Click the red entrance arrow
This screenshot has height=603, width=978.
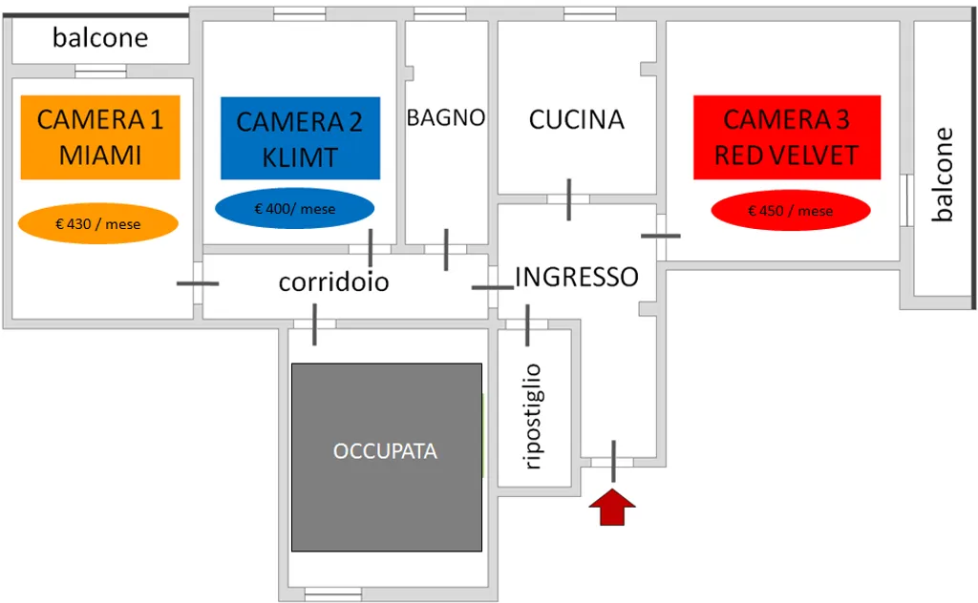(611, 507)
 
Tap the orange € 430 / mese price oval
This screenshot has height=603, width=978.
(98, 224)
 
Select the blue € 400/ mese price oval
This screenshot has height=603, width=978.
(295, 209)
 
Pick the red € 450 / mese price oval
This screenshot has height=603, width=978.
(790, 211)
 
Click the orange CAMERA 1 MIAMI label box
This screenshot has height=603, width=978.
(100, 136)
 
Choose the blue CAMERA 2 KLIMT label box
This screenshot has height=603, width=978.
(300, 137)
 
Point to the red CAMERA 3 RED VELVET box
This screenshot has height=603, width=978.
(787, 137)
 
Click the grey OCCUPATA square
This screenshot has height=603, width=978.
(386, 456)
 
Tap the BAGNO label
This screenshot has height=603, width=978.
(446, 117)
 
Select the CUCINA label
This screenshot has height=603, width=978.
(576, 119)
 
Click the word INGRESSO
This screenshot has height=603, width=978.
(577, 277)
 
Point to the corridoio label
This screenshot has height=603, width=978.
(333, 282)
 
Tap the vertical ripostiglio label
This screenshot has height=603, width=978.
(534, 416)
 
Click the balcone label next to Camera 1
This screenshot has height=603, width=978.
(100, 38)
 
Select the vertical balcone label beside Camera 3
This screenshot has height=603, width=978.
(944, 175)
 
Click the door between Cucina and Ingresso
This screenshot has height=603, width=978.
(568, 198)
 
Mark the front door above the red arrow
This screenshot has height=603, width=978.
(612, 461)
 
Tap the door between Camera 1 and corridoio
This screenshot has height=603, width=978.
(198, 283)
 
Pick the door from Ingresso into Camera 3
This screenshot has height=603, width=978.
(660, 235)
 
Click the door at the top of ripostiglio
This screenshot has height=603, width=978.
(526, 324)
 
